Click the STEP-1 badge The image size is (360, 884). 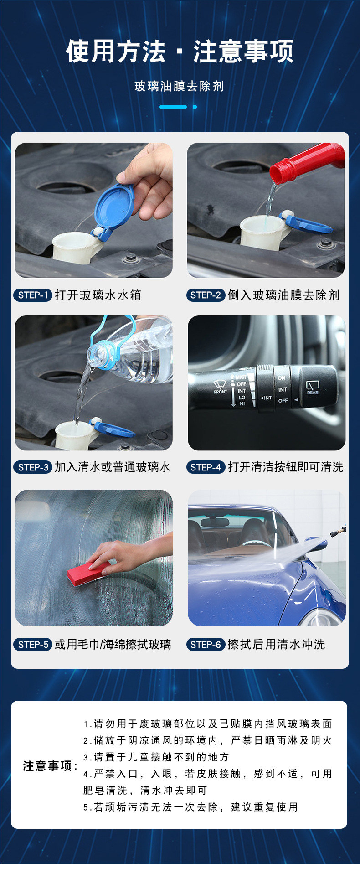(x=32, y=295)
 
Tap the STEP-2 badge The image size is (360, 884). (x=206, y=295)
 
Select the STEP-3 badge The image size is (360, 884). (x=32, y=467)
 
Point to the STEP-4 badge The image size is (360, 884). (x=206, y=467)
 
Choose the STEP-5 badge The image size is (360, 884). (x=32, y=645)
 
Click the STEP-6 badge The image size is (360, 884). (x=206, y=645)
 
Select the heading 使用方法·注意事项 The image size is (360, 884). (x=180, y=51)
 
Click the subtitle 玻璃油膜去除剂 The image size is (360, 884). (x=180, y=86)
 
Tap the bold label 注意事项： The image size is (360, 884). (x=50, y=765)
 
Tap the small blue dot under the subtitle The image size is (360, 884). (x=195, y=107)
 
